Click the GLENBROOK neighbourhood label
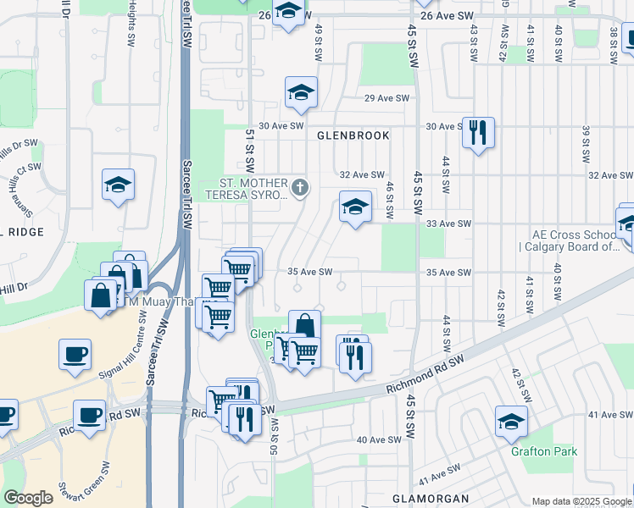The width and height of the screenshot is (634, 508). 353,135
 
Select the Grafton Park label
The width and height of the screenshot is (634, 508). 543,451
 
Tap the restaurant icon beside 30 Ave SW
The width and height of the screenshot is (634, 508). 478,132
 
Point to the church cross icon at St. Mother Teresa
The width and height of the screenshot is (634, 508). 298,186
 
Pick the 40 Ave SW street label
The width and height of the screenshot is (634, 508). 379,439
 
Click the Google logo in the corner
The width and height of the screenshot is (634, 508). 27,498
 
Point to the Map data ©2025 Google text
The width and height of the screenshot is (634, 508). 581,501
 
